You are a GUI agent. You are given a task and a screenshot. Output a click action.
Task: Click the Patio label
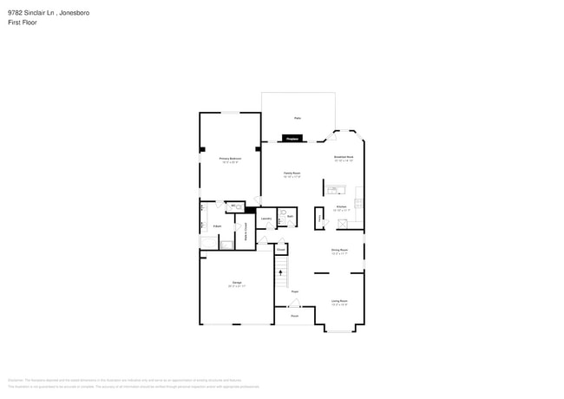297,117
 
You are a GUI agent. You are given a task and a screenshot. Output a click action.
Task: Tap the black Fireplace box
292,138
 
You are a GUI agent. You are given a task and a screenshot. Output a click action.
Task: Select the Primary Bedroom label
230,160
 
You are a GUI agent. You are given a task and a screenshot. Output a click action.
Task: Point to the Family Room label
292,173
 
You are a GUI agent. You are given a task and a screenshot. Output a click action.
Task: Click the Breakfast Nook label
344,158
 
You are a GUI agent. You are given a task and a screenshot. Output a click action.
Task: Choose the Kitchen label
341,207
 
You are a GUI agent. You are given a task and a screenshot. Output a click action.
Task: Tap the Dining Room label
338,252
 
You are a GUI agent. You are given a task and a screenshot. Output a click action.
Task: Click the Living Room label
338,302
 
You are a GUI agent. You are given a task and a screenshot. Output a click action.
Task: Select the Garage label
236,284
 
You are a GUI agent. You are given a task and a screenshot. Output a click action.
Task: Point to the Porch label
295,316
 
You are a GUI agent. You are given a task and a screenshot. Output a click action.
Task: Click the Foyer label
295,291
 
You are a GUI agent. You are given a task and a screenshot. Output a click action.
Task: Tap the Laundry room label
267,219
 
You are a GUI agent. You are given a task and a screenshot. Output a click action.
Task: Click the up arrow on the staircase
280,272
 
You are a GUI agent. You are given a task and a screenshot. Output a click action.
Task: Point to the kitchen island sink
336,190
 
